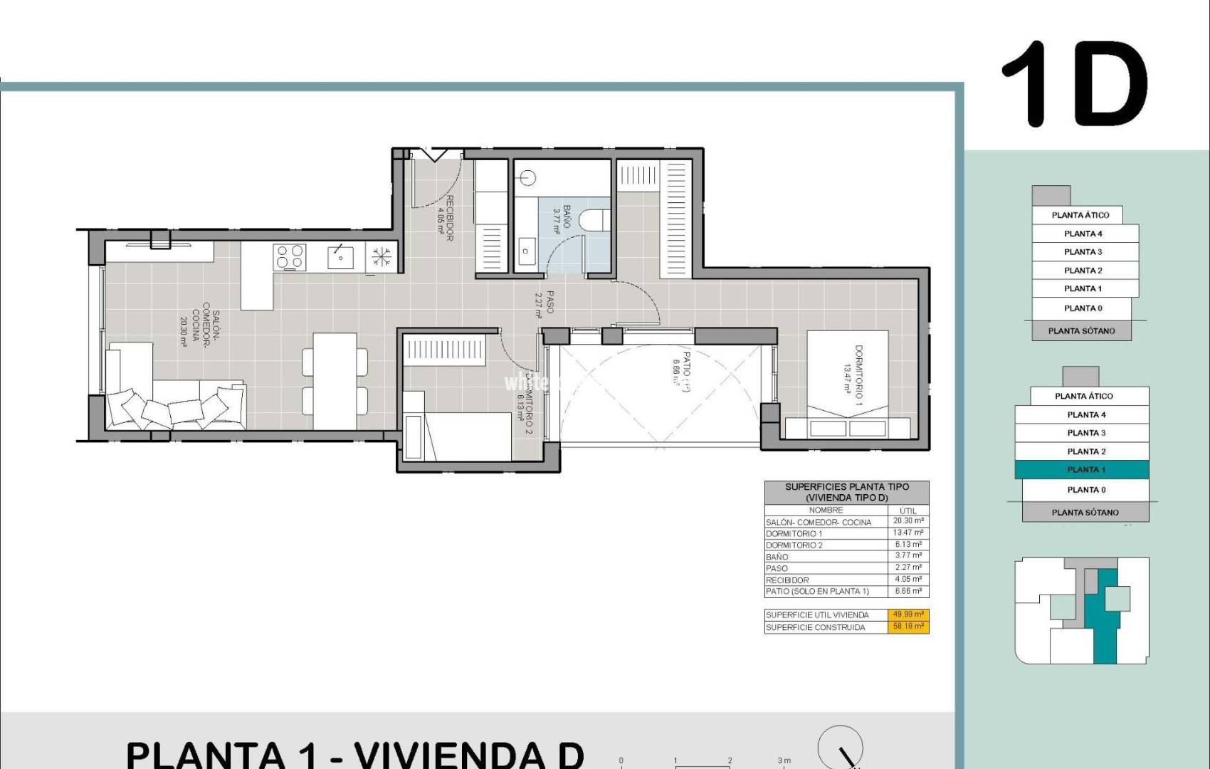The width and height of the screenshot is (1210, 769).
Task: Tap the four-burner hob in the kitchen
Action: pyautogui.click(x=290, y=257)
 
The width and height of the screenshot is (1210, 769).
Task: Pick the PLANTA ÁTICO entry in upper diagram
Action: pyautogui.click(x=1080, y=215)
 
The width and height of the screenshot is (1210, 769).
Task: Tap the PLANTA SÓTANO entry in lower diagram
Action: pyautogui.click(x=1085, y=512)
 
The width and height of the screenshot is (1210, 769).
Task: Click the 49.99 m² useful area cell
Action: pyautogui.click(x=908, y=614)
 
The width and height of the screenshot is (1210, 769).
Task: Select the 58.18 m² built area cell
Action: pyautogui.click(x=908, y=627)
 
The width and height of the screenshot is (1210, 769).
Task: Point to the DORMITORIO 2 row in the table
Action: pyautogui.click(x=826, y=545)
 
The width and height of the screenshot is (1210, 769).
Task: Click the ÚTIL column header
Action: pyautogui.click(x=908, y=510)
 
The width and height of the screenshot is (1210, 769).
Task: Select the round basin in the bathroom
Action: pyautogui.click(x=527, y=177)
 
